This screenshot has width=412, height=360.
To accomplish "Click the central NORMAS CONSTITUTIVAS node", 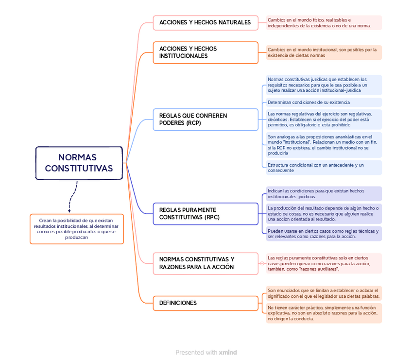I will (x=79, y=163).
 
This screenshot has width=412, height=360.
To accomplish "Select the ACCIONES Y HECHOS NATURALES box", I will (x=205, y=23).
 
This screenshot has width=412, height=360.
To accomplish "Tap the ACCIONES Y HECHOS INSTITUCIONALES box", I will (x=205, y=52).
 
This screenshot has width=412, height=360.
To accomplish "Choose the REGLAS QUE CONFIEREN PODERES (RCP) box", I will (x=205, y=120).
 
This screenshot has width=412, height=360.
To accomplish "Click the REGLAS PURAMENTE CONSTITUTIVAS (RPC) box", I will (x=205, y=214).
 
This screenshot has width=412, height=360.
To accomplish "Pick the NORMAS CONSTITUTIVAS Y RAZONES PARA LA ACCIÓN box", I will (x=205, y=263).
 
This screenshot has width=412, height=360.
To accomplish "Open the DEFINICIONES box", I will (x=205, y=303).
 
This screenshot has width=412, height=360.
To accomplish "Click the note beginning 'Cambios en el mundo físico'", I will (x=323, y=23).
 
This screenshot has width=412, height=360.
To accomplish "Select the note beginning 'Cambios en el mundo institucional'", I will (x=323, y=52).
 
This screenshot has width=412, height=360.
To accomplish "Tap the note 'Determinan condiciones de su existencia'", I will (x=323, y=103).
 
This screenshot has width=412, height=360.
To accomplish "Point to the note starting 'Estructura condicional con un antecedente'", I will (x=323, y=168).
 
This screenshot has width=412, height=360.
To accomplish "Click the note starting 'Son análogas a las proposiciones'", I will (x=323, y=145).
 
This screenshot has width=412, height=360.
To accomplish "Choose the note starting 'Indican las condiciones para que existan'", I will (x=323, y=194).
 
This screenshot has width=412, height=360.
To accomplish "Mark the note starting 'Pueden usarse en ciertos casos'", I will (x=323, y=234).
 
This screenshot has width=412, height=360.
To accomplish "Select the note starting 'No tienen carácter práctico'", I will (x=323, y=313).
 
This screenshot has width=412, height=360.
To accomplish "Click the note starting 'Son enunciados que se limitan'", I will (x=323, y=293).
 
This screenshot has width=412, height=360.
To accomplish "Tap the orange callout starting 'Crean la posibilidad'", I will (x=77, y=229).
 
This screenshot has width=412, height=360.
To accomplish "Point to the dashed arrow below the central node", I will (x=72, y=197).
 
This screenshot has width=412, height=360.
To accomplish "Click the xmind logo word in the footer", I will (x=228, y=353).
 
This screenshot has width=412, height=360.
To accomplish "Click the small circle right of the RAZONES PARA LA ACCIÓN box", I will (x=262, y=263).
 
